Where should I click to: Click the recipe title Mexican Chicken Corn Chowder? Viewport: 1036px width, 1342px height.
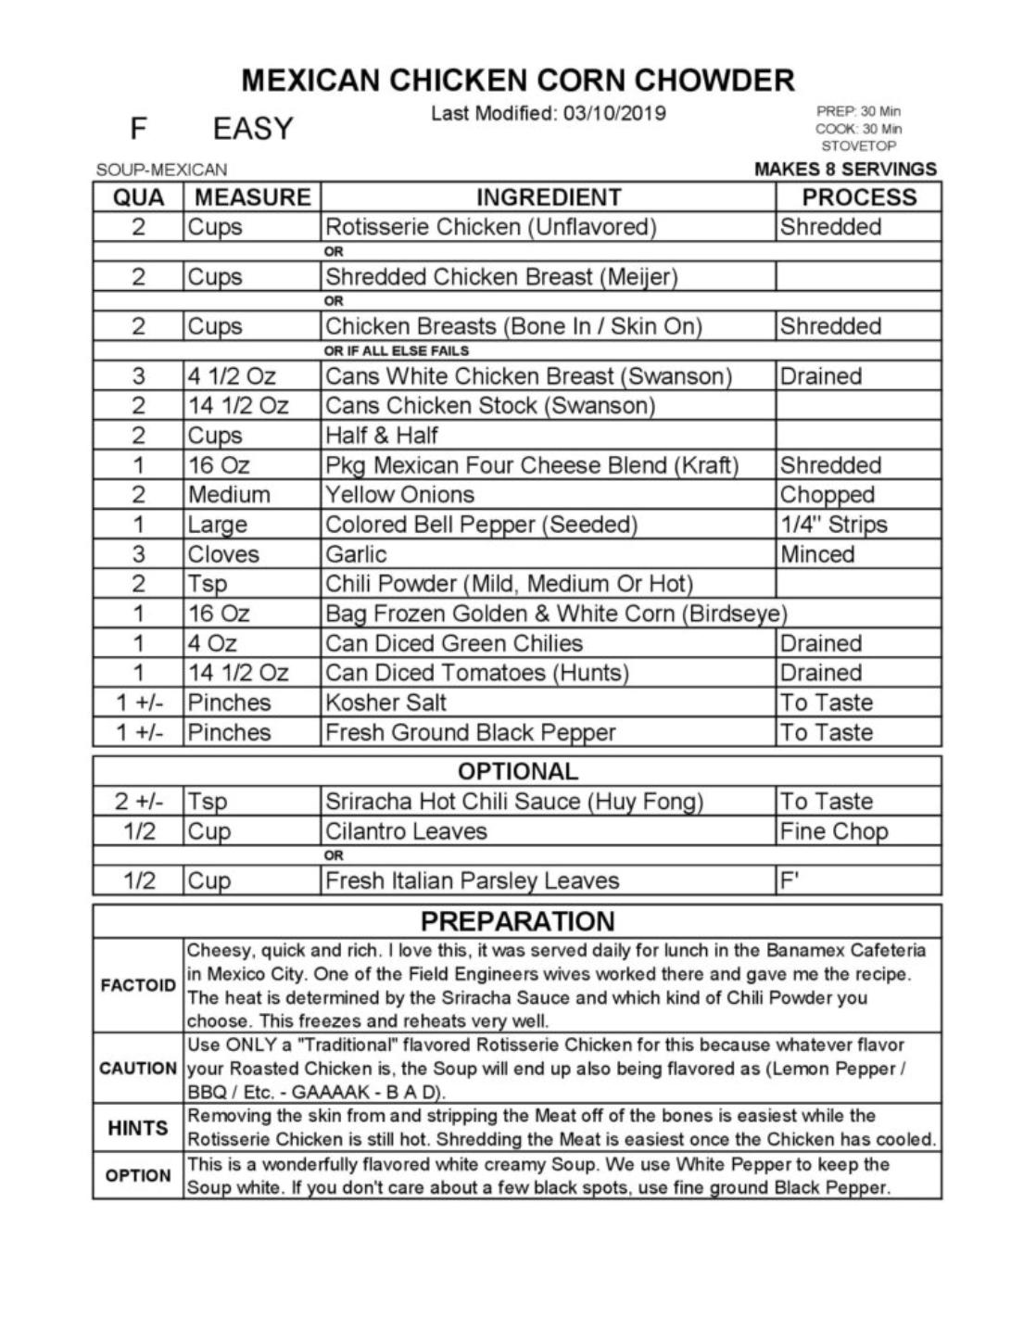click(518, 80)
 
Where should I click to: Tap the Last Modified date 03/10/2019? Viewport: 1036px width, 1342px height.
click(548, 114)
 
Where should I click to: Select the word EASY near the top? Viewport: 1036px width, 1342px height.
click(253, 128)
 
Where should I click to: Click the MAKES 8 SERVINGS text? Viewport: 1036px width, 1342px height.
click(845, 169)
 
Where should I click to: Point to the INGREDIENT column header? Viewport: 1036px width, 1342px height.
click(548, 197)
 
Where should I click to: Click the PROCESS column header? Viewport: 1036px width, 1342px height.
click(858, 197)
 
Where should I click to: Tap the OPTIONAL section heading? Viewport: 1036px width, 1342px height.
click(517, 771)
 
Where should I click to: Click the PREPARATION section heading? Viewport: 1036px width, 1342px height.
click(517, 921)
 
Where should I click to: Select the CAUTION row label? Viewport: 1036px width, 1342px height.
click(138, 1068)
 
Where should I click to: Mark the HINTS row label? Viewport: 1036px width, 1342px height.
click(138, 1128)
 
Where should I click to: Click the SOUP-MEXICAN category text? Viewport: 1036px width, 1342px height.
click(161, 170)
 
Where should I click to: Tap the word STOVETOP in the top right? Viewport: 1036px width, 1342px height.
click(858, 146)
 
